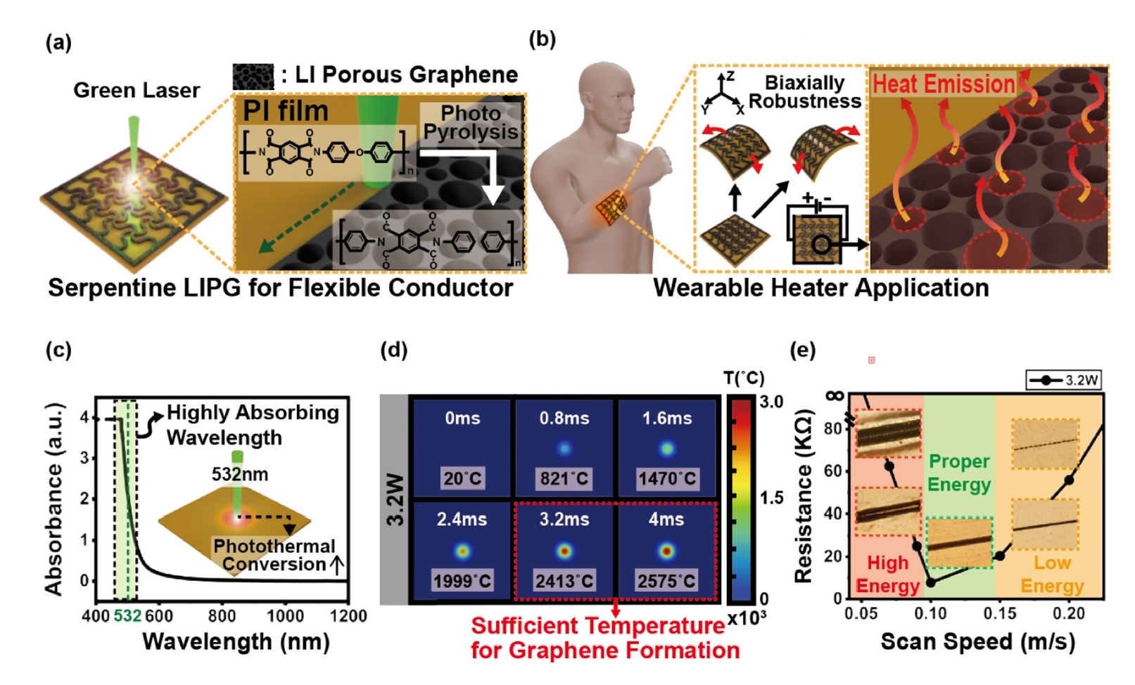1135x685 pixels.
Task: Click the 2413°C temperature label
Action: tap(564, 581)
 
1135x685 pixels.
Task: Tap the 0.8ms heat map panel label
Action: tap(564, 418)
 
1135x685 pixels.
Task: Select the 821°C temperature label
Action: tap(564, 479)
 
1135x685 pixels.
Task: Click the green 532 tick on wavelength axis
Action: tap(127, 616)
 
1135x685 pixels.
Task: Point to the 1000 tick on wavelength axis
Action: tap(285, 616)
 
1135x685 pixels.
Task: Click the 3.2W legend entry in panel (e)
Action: tap(1063, 380)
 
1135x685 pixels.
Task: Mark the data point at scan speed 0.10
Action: tap(930, 583)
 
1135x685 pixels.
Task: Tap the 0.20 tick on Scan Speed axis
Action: tap(1068, 614)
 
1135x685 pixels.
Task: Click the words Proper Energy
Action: tap(959, 473)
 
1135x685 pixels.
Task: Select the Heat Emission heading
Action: tap(944, 84)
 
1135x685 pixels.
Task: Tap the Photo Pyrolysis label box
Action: tap(470, 123)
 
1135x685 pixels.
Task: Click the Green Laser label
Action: tap(137, 90)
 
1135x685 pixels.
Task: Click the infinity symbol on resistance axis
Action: tap(835, 396)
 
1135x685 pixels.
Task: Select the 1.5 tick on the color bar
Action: tap(771, 498)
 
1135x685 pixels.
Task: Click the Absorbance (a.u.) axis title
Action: tap(54, 499)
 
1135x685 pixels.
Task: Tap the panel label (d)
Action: tap(393, 350)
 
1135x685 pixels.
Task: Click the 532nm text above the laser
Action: tap(239, 474)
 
